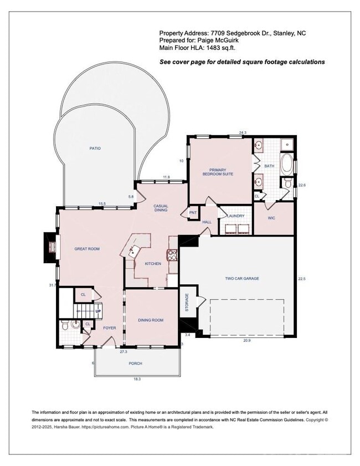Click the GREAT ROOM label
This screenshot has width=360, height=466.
click(x=87, y=249)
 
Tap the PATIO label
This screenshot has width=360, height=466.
click(x=95, y=148)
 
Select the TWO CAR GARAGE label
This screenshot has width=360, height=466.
click(x=242, y=278)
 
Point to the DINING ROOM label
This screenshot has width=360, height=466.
click(x=151, y=320)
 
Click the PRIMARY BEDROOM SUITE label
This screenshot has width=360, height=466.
click(x=221, y=172)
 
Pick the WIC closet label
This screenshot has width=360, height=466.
click(x=271, y=218)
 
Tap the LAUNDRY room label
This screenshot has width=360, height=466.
click(x=236, y=216)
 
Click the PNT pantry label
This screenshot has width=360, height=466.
click(x=193, y=212)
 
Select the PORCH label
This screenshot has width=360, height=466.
click(x=135, y=363)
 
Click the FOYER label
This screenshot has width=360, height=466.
click(x=110, y=328)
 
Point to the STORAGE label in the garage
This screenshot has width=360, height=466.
click(x=187, y=302)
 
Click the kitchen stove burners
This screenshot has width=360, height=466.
click(x=172, y=255)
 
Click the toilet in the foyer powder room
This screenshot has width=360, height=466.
click(x=64, y=326)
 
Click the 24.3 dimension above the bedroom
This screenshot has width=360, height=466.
click(x=242, y=132)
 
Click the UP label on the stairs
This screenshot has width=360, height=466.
click(x=98, y=311)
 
